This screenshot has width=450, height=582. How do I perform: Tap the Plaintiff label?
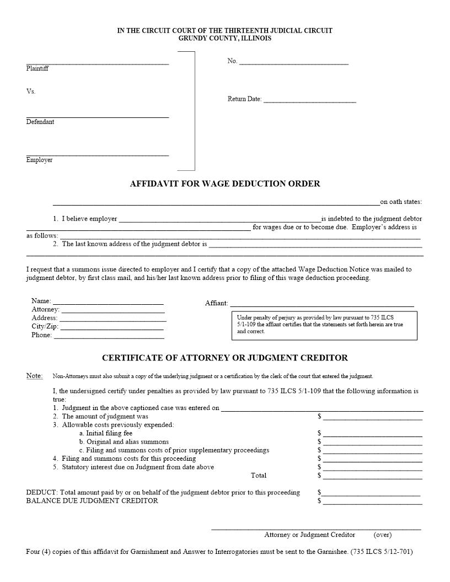(x=37, y=69)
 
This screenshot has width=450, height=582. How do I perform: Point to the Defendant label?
(x=40, y=122)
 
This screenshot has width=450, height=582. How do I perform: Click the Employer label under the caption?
(x=39, y=160)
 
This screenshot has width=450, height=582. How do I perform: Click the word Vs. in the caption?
(x=31, y=91)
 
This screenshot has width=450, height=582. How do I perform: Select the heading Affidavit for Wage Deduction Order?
(x=224, y=184)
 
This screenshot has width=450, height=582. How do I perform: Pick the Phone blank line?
(x=109, y=335)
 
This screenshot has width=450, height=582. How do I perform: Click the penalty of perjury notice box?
(x=324, y=325)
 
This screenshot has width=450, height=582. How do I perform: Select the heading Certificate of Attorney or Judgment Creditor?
(x=224, y=358)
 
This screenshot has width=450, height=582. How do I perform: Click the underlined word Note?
(x=34, y=376)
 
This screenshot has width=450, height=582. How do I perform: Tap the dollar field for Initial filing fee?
(x=372, y=434)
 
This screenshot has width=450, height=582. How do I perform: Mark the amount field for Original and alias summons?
(x=372, y=442)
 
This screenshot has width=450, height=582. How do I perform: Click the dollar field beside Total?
(x=372, y=476)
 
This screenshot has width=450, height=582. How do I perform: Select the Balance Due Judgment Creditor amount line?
(x=372, y=502)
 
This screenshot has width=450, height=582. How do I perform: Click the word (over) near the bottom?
(x=383, y=535)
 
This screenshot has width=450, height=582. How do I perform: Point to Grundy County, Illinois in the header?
(x=224, y=39)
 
